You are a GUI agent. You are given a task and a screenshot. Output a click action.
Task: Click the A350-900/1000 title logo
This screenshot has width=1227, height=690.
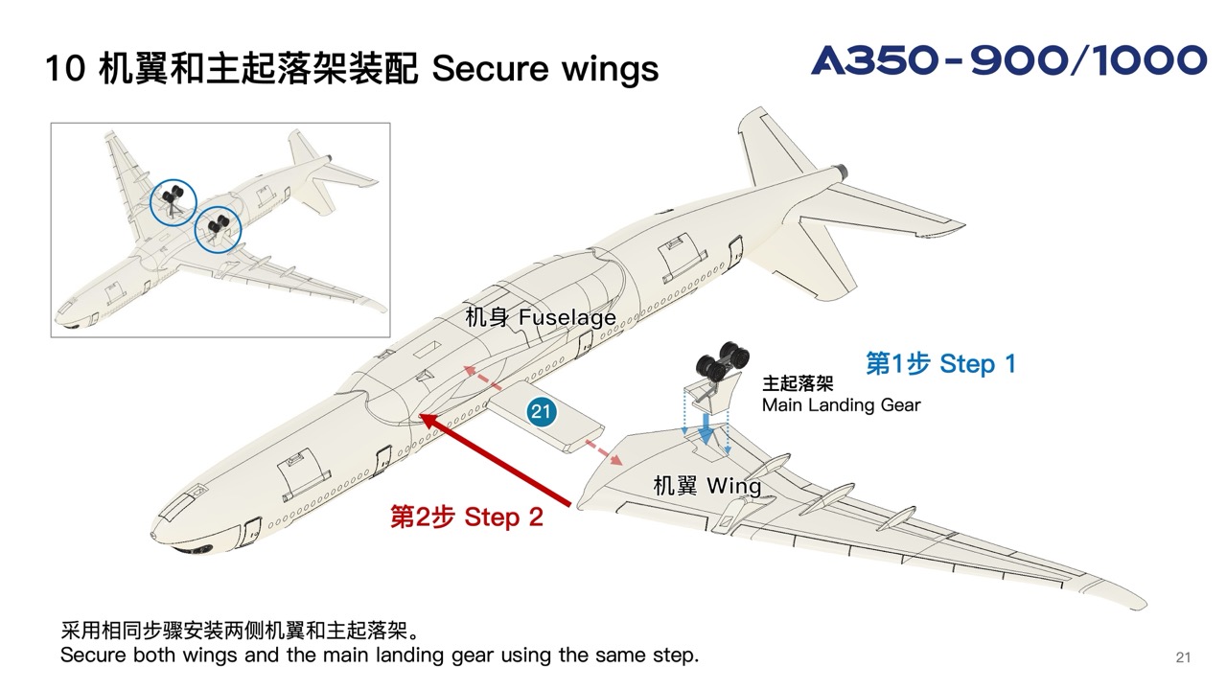point(1008,60)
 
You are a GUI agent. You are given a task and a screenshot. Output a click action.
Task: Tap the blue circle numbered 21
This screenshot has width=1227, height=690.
point(542,412)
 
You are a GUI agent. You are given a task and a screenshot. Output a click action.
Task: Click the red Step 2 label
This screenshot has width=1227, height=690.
point(466,517)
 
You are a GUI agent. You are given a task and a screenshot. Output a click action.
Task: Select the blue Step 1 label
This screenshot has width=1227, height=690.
point(940,364)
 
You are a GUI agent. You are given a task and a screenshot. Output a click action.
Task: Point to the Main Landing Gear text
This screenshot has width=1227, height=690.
point(841,405)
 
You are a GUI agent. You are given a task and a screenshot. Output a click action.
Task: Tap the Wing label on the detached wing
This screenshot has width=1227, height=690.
point(706,486)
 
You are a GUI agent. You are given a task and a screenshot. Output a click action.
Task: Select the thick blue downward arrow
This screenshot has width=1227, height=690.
point(706,427)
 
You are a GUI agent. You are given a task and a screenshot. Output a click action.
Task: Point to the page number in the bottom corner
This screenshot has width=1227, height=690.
point(1183,656)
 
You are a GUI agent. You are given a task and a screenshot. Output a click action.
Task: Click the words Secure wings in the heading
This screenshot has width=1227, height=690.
point(545,69)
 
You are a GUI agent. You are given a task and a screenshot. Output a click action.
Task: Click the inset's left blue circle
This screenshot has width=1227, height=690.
point(173,203)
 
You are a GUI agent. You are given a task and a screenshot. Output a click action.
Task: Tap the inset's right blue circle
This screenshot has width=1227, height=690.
point(218,230)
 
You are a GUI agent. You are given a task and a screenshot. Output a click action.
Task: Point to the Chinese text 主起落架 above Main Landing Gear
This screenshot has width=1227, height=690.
point(798,383)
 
